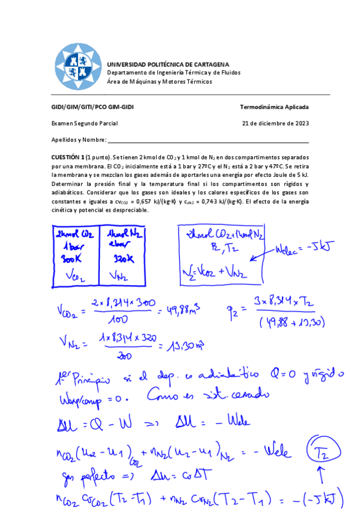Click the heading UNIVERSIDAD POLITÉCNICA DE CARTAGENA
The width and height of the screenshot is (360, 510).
(x=168, y=64)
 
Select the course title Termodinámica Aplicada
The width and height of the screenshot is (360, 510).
(x=274, y=108)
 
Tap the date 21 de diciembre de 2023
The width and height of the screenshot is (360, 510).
(x=275, y=123)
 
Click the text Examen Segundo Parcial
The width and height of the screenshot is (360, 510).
(x=84, y=123)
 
